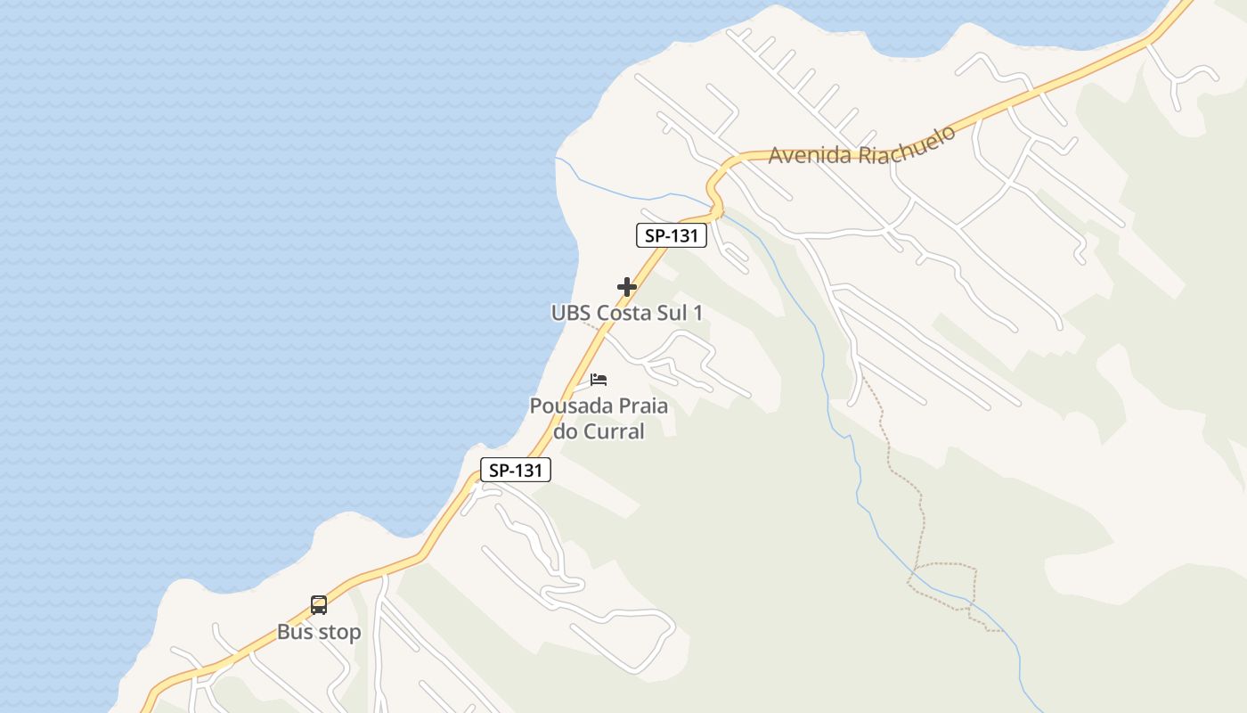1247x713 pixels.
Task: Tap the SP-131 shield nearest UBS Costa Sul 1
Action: [672, 235]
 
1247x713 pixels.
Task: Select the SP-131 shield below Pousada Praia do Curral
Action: [516, 470]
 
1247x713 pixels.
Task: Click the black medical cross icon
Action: [627, 287]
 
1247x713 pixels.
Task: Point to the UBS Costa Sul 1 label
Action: [627, 313]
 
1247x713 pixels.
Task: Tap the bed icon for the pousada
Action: [599, 380]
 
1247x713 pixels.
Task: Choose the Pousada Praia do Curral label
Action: [599, 418]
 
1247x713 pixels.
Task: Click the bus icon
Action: [319, 605]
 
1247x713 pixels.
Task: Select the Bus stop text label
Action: [319, 633]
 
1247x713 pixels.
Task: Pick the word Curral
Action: [613, 431]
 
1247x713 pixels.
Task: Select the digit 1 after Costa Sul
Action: [697, 313]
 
